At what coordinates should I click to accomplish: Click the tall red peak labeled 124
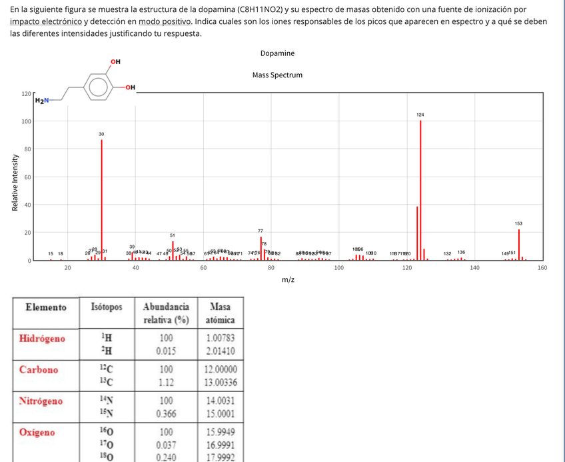click(420, 190)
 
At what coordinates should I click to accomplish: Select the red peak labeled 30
click(101, 200)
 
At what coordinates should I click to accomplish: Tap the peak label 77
click(261, 230)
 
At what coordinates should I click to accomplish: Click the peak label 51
click(172, 235)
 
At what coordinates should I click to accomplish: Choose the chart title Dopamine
click(277, 53)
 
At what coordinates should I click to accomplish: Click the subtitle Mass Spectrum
click(277, 75)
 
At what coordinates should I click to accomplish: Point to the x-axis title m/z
click(288, 280)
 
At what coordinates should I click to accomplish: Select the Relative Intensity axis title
click(13, 182)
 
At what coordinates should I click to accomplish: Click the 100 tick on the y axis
click(26, 121)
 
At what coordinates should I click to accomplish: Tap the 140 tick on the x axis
click(474, 268)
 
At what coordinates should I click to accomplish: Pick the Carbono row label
click(39, 369)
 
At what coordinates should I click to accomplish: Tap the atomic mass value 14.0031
click(220, 401)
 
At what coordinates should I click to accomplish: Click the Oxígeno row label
click(37, 432)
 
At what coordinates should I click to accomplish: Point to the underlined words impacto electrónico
click(46, 22)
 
